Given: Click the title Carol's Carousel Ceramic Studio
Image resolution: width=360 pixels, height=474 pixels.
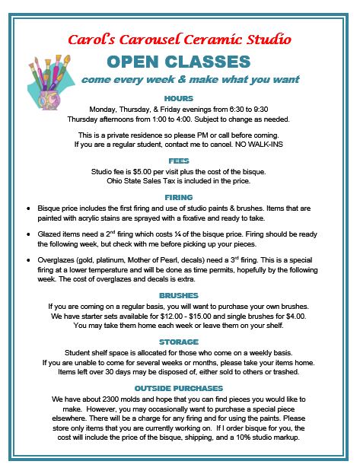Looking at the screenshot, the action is [180, 39].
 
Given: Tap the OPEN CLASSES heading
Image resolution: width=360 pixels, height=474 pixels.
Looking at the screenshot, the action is [180, 62].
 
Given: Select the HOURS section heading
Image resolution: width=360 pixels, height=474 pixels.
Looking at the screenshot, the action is [179, 97].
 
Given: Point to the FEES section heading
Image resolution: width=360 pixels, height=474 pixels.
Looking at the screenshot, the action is [179, 161].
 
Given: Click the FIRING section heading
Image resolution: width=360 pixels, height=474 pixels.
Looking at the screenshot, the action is [179, 196].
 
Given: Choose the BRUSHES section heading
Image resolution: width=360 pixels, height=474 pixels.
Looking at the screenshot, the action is [179, 294].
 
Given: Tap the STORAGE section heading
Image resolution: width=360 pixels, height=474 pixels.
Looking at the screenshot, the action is [179, 342].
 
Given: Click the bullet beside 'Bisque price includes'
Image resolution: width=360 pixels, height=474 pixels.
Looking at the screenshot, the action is [28, 207].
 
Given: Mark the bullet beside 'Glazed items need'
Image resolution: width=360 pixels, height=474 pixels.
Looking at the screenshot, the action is [28, 234].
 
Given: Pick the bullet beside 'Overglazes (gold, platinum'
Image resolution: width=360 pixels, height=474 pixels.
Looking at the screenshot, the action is [28, 261].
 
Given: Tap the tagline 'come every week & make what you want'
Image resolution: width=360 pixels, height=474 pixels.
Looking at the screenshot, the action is [190, 80].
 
